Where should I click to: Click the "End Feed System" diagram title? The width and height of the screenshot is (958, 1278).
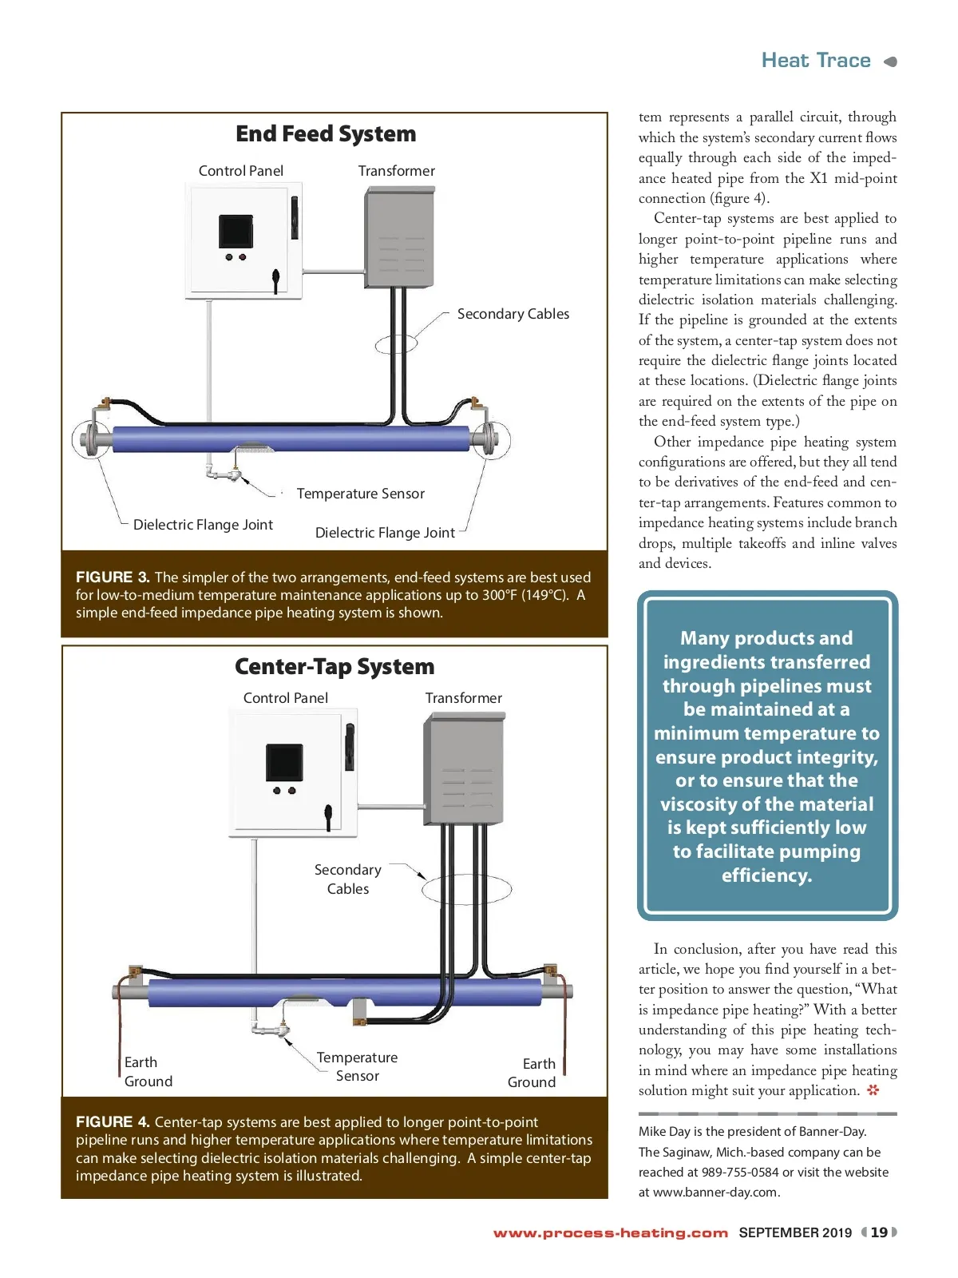tap(326, 134)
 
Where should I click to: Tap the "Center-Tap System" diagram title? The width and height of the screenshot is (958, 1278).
tap(335, 667)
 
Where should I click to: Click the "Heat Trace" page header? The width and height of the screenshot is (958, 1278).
tap(816, 61)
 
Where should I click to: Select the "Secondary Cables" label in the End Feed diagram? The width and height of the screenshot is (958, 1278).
tap(513, 314)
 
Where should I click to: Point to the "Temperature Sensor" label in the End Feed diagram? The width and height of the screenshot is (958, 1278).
tap(360, 494)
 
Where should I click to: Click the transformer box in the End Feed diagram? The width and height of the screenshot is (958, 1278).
tap(399, 236)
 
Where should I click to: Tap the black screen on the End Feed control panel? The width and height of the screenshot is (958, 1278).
tap(236, 232)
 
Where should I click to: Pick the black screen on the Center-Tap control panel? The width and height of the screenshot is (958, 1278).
tap(284, 763)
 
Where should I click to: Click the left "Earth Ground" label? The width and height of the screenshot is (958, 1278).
tap(148, 1072)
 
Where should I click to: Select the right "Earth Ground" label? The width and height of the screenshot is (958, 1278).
tap(532, 1073)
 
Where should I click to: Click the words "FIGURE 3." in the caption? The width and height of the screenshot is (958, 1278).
tap(113, 577)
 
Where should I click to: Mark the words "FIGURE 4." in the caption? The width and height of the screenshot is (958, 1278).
tap(113, 1122)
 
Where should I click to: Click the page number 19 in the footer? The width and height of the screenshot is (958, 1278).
tap(879, 1232)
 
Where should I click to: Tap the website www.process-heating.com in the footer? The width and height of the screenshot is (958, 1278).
tap(611, 1233)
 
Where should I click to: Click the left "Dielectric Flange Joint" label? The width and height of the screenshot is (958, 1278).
tap(203, 525)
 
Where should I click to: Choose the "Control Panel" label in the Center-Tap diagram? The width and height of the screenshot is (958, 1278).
tap(285, 698)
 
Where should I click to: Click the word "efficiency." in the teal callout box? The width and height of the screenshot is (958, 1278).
tap(766, 875)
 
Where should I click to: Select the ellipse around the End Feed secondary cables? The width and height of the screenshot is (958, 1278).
tap(397, 344)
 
